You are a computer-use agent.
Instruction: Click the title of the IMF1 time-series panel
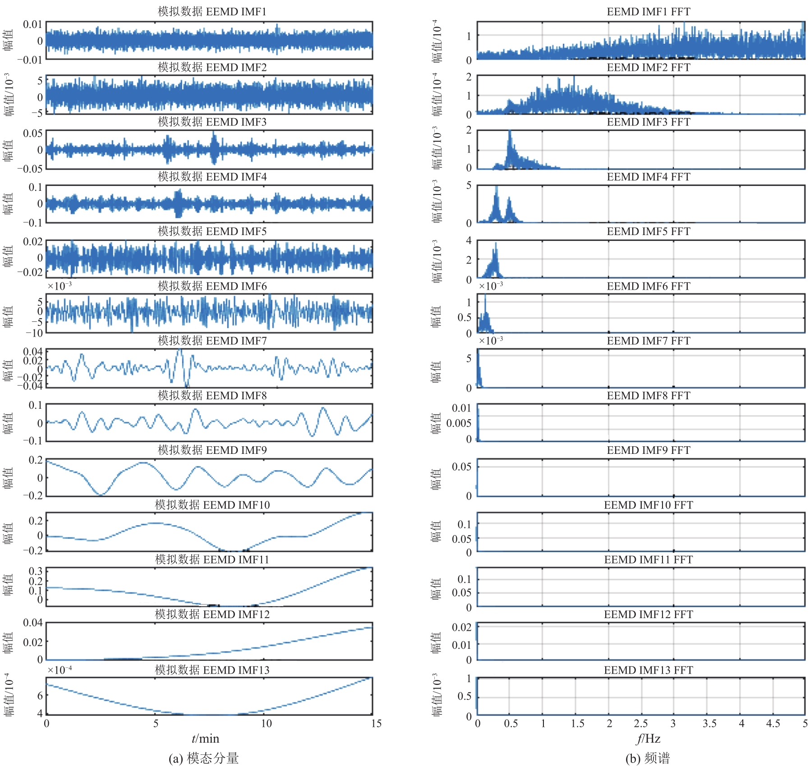(212, 11)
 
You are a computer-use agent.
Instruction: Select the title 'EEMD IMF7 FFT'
(648, 341)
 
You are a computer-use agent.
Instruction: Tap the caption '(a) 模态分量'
(204, 758)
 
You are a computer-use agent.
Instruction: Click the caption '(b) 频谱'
(648, 758)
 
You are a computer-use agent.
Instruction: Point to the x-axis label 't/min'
(205, 739)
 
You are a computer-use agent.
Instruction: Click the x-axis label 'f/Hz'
(648, 739)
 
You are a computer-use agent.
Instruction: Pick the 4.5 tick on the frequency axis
(773, 724)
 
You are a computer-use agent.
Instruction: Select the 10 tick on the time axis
(267, 724)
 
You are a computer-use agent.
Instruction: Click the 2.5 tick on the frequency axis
(641, 724)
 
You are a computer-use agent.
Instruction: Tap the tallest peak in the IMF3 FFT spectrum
(510, 131)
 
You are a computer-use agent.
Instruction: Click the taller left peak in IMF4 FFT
(497, 187)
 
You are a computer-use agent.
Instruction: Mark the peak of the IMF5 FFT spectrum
(496, 243)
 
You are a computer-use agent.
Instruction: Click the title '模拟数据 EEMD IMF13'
(212, 670)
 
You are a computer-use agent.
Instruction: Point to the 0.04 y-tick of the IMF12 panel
(33, 623)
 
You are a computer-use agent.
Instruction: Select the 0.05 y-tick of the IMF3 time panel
(33, 134)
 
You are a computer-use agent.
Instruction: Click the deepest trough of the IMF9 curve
(101, 494)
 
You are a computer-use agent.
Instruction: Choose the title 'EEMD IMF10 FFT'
(648, 505)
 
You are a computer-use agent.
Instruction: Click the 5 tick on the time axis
(156, 724)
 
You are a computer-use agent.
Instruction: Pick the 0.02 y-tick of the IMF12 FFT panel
(461, 627)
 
